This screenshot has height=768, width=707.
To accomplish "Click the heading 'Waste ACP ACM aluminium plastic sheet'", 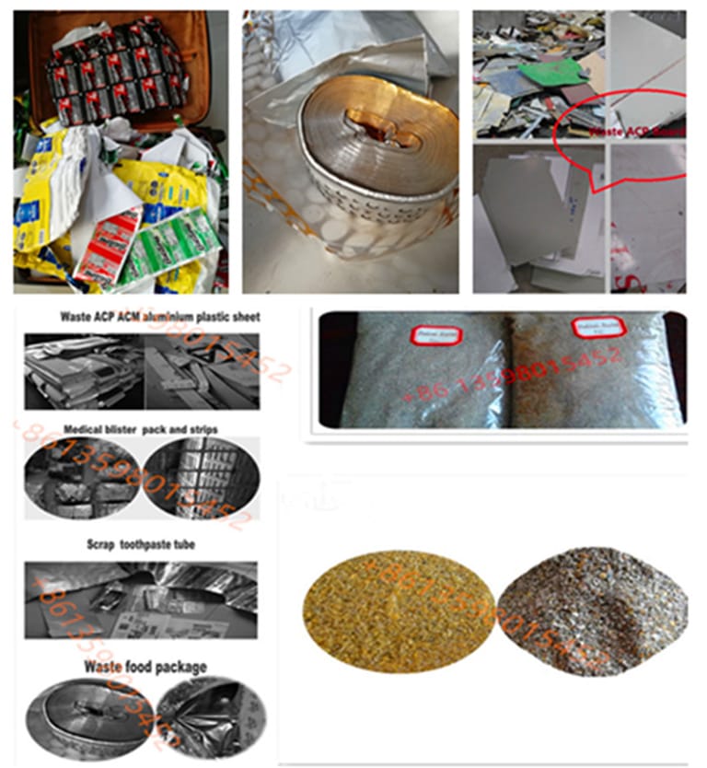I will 160,317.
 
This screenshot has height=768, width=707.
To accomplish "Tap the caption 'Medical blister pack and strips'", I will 134,429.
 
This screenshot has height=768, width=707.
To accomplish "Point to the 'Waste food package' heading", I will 145,666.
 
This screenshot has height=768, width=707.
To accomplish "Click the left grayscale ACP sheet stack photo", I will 84,371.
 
